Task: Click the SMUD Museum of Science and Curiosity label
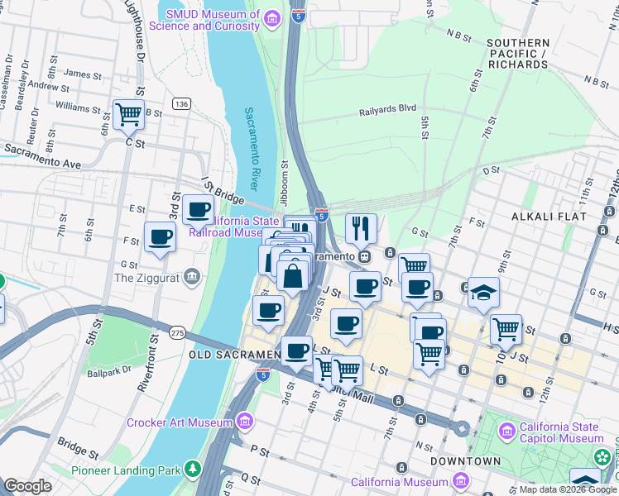(x=213, y=20)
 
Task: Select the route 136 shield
(x=181, y=103)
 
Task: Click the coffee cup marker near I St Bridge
(x=198, y=210)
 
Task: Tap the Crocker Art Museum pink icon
(x=243, y=422)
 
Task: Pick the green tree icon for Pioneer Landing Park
(x=193, y=470)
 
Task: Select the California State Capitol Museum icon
(x=506, y=432)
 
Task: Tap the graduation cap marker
(x=483, y=292)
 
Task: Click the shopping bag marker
(x=293, y=275)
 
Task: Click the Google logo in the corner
(x=27, y=486)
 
